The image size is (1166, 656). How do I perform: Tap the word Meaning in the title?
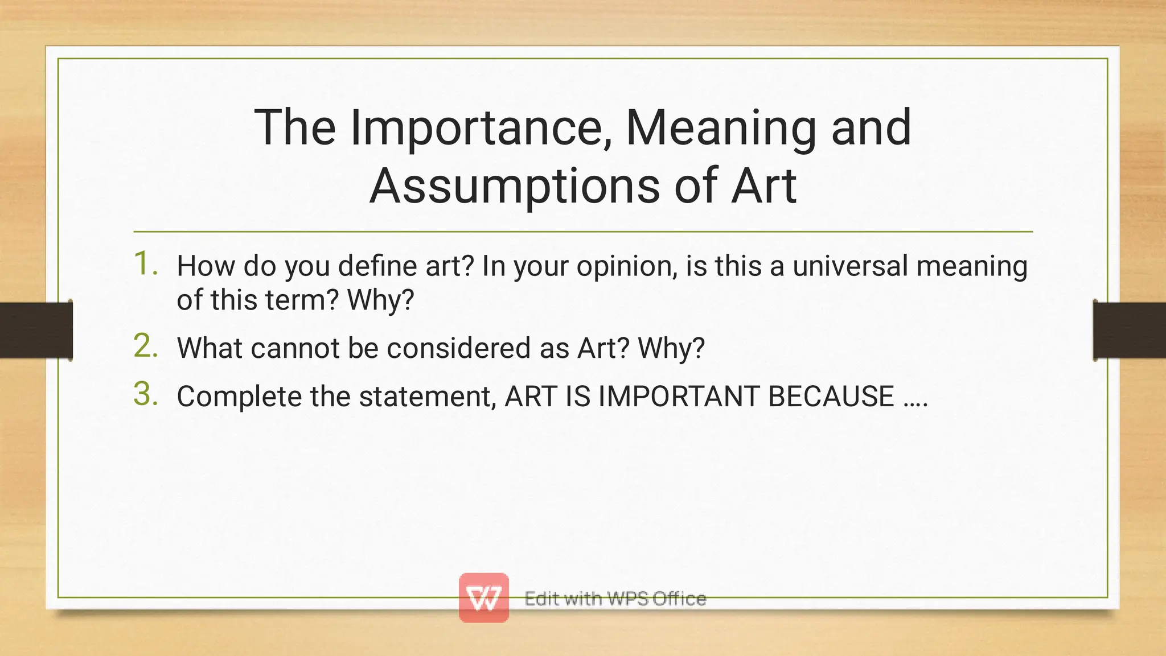pyautogui.click(x=721, y=128)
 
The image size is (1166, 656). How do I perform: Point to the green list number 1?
pyautogui.click(x=145, y=264)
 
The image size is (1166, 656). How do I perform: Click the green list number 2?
pyautogui.click(x=145, y=346)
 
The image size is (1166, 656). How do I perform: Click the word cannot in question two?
pyautogui.click(x=295, y=348)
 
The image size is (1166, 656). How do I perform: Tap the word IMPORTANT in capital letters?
pyautogui.click(x=678, y=397)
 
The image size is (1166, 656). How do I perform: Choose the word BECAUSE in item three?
pyautogui.click(x=831, y=397)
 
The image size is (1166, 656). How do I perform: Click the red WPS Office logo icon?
pyautogui.click(x=483, y=597)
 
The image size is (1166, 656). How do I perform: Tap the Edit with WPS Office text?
pyautogui.click(x=615, y=599)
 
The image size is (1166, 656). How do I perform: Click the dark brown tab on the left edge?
pyautogui.click(x=36, y=330)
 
